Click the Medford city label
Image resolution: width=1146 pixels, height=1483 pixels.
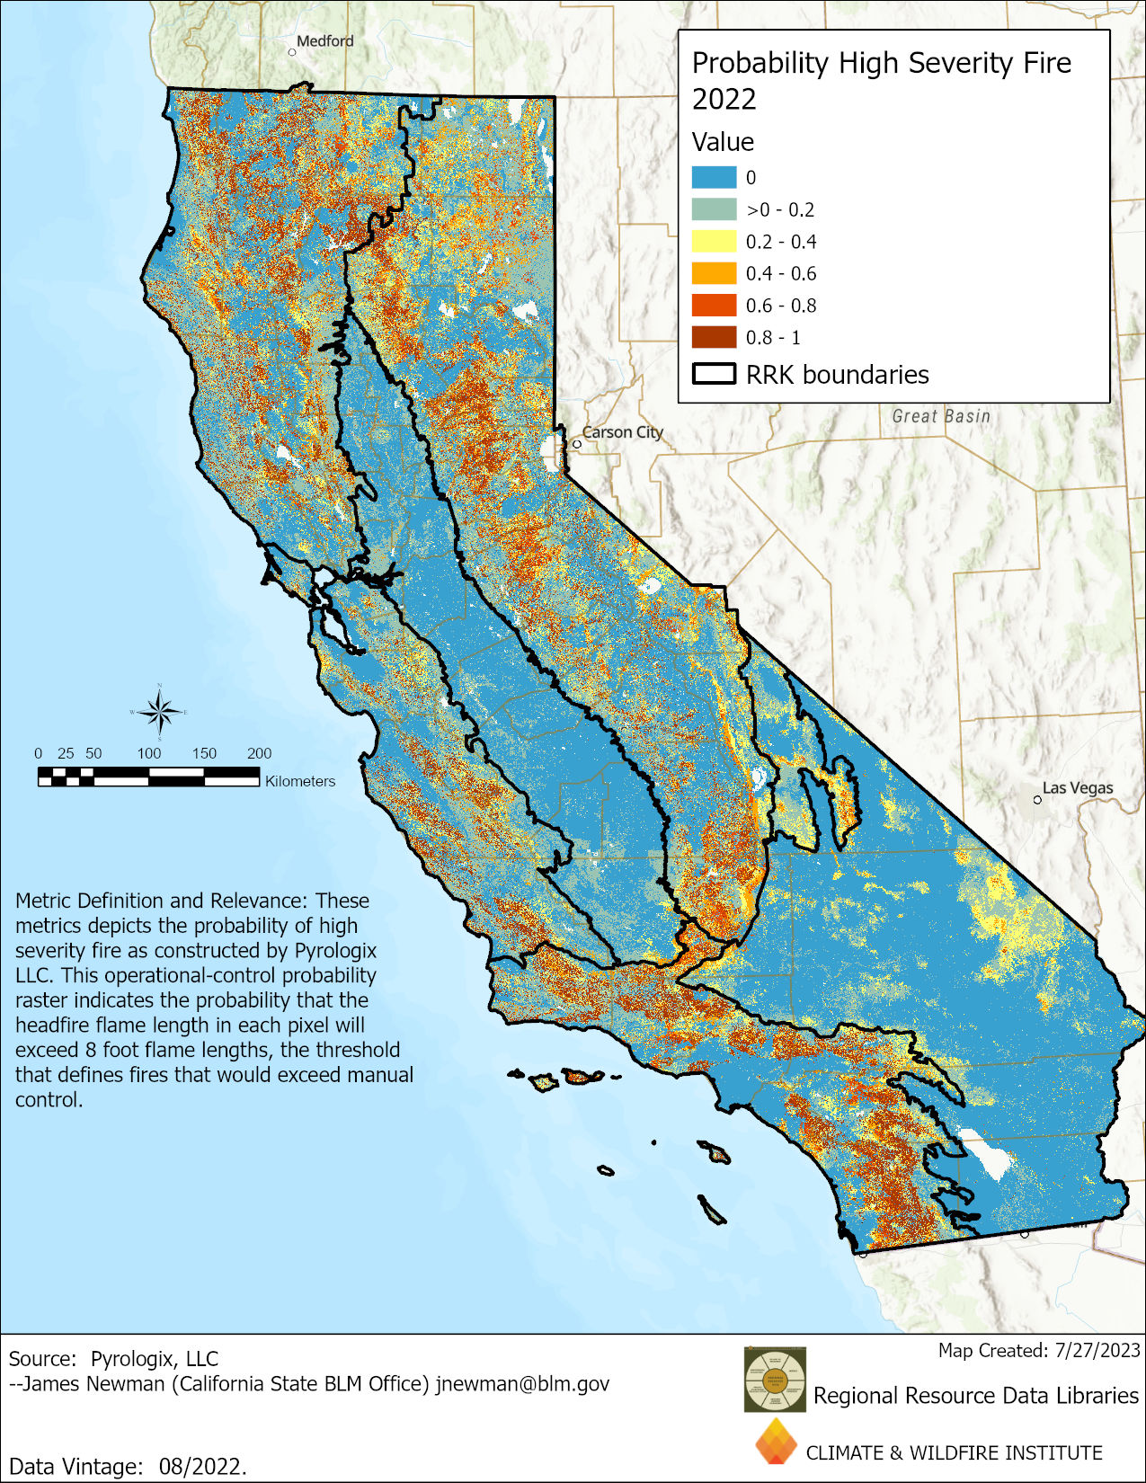(x=325, y=41)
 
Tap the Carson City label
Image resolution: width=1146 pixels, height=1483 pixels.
(x=622, y=432)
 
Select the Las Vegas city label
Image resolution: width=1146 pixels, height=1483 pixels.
(x=1077, y=788)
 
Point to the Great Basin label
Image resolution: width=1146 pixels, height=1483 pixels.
(x=941, y=416)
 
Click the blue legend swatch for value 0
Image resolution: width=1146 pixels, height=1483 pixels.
(x=714, y=177)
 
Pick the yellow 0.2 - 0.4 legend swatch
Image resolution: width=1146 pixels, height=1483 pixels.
(x=714, y=241)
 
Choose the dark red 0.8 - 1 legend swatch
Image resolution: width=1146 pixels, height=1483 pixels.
(x=714, y=337)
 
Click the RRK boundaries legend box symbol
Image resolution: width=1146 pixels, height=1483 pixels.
(x=714, y=374)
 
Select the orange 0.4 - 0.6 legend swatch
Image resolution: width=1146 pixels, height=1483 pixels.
(x=714, y=273)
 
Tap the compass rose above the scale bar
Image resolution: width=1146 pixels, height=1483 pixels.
(x=160, y=712)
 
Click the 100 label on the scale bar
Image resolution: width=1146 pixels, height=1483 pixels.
(x=149, y=753)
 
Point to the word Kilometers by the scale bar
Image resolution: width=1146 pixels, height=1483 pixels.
(x=300, y=781)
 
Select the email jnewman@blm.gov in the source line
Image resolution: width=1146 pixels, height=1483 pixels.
(x=522, y=1383)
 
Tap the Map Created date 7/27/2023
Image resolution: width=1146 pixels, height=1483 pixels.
(x=1097, y=1350)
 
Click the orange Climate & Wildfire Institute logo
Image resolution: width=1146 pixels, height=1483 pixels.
(x=776, y=1442)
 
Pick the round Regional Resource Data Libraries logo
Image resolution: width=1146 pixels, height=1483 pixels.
(x=775, y=1379)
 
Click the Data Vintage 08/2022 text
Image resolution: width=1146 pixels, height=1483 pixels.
(x=127, y=1466)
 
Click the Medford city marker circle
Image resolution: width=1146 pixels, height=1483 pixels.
(x=292, y=52)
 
